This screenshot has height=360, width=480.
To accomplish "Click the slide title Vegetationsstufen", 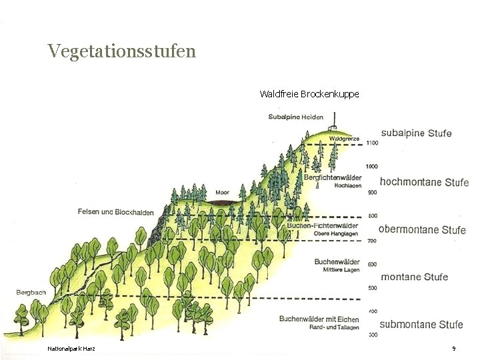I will [x=122, y=51].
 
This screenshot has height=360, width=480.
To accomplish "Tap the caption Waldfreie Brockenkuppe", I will [x=309, y=94].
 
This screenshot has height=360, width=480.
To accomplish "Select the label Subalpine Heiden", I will [x=295, y=117].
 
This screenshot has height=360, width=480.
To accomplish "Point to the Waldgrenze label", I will [x=344, y=139].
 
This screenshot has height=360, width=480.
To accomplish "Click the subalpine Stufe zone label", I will [x=416, y=133].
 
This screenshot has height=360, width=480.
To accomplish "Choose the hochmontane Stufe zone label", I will [x=424, y=182].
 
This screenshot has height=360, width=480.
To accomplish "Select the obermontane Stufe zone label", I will [x=423, y=230].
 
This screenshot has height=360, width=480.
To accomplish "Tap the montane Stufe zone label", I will [x=414, y=277].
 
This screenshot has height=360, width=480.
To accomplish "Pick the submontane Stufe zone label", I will [x=421, y=325].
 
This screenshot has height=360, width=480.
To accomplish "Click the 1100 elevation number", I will [x=372, y=143].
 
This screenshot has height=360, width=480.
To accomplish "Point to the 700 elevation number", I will [x=372, y=241].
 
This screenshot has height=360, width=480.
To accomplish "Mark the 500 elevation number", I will [x=372, y=288].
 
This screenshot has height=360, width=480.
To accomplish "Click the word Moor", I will [x=222, y=192].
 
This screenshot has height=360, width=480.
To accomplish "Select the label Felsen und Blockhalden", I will [x=115, y=212].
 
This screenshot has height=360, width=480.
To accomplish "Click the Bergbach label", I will [x=31, y=293].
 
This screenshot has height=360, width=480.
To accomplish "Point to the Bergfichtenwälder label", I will [x=333, y=177].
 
